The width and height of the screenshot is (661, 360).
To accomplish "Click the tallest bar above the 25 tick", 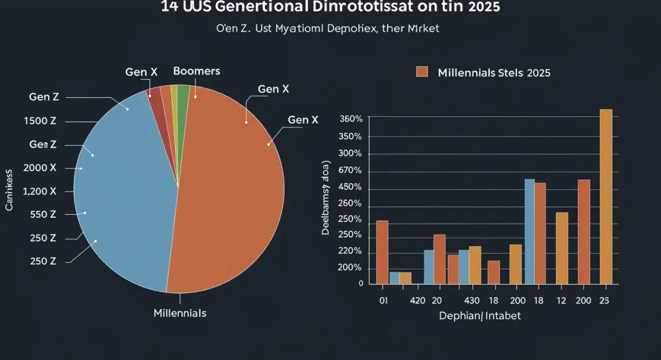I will click(x=605, y=197).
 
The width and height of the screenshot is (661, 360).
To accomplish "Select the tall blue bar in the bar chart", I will click(x=529, y=231).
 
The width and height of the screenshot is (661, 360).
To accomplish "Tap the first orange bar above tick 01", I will click(x=382, y=252).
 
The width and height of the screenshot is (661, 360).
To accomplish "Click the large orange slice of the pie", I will click(x=231, y=193).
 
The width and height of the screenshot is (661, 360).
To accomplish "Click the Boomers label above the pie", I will click(x=196, y=71).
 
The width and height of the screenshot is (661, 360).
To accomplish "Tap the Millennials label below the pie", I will click(x=180, y=313).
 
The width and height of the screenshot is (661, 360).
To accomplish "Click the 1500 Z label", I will click(x=40, y=121).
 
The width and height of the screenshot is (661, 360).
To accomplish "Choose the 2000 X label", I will click(x=40, y=168).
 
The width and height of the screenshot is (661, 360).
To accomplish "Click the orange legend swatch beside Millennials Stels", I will click(x=422, y=72).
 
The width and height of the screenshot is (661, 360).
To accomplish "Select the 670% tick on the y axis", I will click(x=351, y=171).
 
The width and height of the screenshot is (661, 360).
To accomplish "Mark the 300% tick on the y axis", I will click(x=351, y=154).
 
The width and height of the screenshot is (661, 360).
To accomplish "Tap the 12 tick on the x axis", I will click(x=561, y=301).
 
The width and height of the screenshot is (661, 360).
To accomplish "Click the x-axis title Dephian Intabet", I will click(x=479, y=316).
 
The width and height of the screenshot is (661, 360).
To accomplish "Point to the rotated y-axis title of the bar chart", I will click(x=326, y=199).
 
